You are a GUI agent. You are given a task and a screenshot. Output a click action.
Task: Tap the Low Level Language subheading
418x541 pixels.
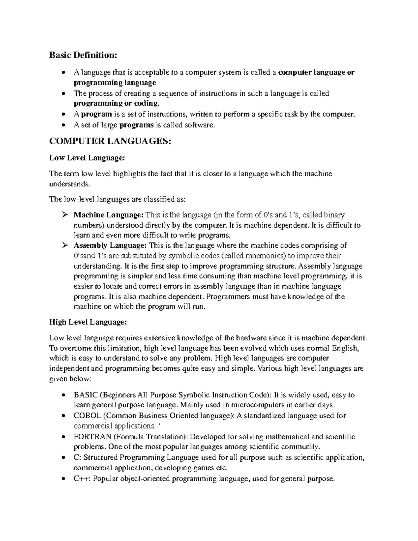(x=86, y=158)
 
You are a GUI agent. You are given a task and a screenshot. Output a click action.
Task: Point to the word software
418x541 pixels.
(x=200, y=125)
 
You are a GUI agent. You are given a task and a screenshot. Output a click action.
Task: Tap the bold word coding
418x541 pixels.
(x=146, y=103)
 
